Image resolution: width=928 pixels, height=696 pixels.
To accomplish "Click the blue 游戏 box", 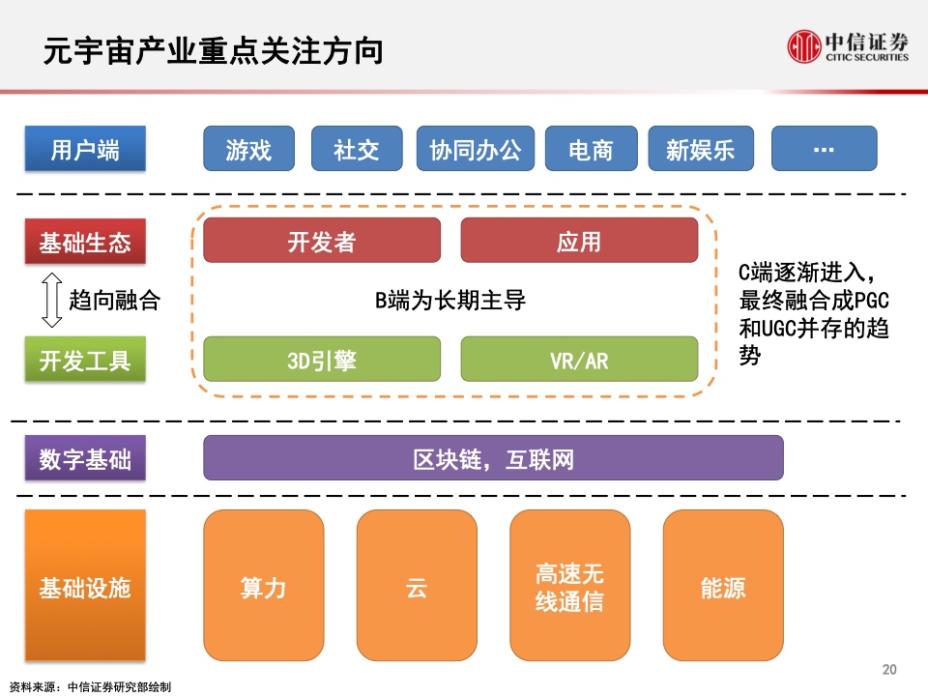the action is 248,149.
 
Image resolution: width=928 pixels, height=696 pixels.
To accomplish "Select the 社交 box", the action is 357,149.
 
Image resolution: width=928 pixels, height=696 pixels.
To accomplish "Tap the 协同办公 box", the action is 476,149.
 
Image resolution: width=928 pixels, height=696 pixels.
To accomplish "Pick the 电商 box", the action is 592,149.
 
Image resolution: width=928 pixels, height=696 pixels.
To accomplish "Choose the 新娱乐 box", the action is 701,149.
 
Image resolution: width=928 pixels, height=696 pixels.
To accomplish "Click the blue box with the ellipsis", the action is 824,149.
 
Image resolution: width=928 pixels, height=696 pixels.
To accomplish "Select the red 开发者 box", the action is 322,241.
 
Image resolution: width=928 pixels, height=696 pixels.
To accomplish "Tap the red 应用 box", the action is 579,241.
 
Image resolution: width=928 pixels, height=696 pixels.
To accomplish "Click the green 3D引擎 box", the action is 322,360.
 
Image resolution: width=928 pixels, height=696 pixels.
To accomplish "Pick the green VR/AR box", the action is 579,360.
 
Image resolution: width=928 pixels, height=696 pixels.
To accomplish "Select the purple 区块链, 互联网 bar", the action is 493,458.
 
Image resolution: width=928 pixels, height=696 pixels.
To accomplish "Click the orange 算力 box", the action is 263,586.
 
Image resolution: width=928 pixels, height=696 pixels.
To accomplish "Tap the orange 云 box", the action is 417,586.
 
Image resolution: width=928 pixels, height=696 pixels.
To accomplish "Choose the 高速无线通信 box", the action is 570,586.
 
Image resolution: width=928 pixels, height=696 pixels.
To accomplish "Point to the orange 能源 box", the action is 723,586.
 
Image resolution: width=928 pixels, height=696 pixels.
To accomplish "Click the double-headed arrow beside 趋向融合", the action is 52,300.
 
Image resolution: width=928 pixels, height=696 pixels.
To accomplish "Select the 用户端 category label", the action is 85,149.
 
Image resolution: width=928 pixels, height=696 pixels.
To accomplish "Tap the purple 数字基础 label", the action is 85,458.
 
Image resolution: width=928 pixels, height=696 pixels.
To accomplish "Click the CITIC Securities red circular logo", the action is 803,46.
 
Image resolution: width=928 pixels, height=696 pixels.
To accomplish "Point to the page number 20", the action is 889,669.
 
